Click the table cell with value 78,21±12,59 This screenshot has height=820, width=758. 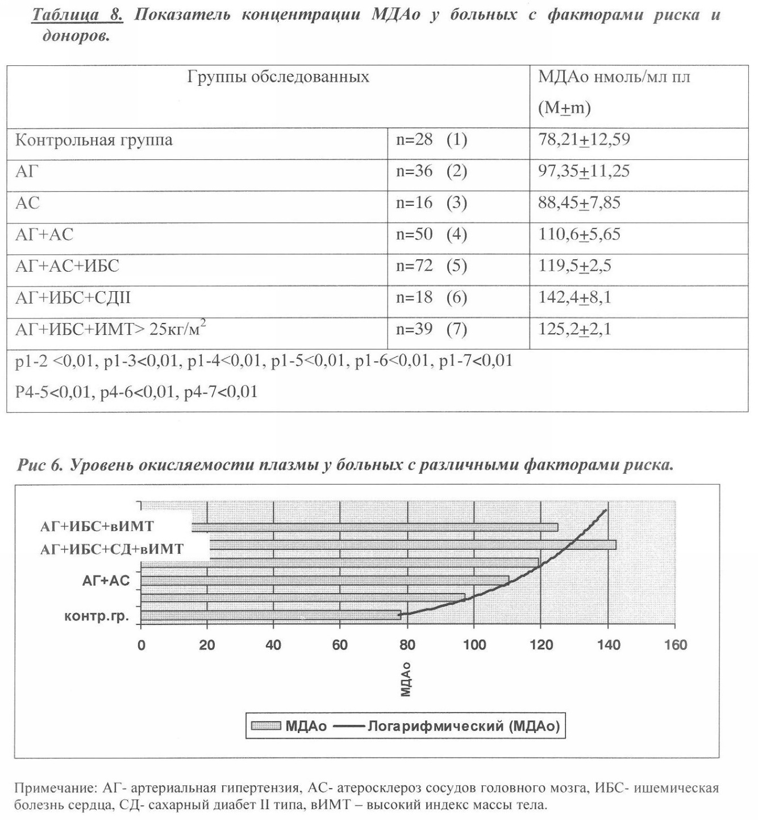click(x=584, y=140)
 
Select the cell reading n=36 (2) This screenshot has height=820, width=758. click(x=431, y=171)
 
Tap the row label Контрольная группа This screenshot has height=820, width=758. click(x=94, y=140)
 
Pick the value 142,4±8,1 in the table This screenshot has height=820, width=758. click(x=574, y=297)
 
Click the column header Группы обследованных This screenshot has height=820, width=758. click(x=278, y=77)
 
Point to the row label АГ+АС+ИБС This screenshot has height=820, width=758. click(x=67, y=266)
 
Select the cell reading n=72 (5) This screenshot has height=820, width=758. click(x=431, y=266)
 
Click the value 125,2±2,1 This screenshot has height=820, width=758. click(x=574, y=329)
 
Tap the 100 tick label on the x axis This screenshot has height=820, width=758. click(x=474, y=645)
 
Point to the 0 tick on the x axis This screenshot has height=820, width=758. click(x=141, y=645)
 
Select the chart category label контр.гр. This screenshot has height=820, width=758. click(x=97, y=616)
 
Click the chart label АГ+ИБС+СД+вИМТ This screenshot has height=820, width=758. click(x=112, y=549)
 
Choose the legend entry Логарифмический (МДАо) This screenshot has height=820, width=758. click(x=464, y=726)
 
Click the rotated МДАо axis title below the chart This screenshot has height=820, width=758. click(x=406, y=679)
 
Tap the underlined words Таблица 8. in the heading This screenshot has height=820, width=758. click(x=77, y=14)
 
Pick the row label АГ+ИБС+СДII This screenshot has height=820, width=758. click(x=73, y=298)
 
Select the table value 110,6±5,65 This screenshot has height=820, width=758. click(x=579, y=234)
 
